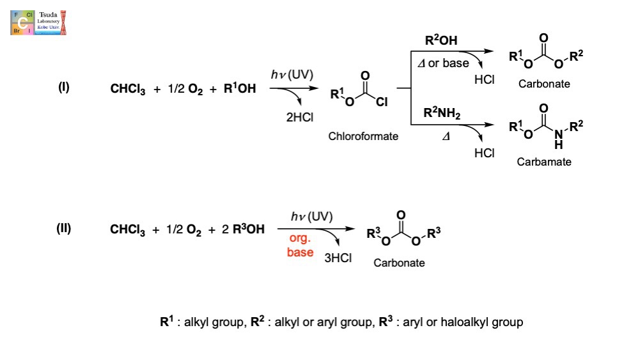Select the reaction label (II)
65,229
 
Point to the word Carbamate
544,162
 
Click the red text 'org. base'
300,245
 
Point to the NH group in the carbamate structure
559,137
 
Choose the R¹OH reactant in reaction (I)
240,89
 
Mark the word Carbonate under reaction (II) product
400,263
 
